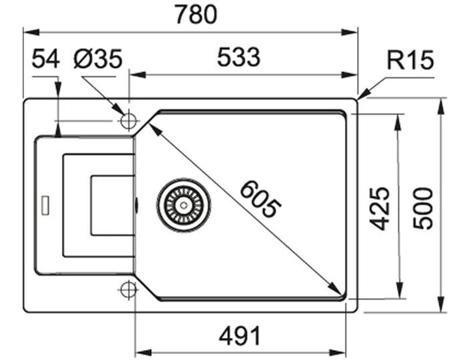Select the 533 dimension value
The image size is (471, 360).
(x=238, y=59)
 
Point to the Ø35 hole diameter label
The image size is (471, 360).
(x=98, y=59)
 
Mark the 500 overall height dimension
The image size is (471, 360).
(x=423, y=208)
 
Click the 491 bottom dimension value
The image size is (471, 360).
(x=238, y=335)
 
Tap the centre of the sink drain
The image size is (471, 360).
(x=184, y=204)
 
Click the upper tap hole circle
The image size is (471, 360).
(x=129, y=121)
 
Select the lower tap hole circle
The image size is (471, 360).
(x=129, y=289)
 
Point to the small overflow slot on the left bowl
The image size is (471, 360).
(x=45, y=204)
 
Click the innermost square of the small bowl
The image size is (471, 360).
(x=111, y=205)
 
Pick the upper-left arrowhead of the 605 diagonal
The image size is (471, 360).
(x=155, y=125)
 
